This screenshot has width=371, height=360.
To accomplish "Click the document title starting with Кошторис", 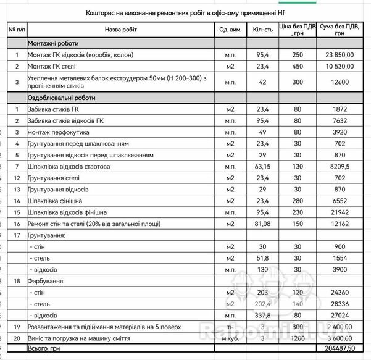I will click(x=185, y=12).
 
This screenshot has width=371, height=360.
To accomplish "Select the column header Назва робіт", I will click(x=121, y=30).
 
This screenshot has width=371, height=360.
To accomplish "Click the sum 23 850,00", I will click(x=339, y=55).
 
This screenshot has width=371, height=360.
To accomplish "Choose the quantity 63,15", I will click(x=262, y=167).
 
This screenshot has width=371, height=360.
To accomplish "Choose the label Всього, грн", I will click(x=44, y=348).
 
